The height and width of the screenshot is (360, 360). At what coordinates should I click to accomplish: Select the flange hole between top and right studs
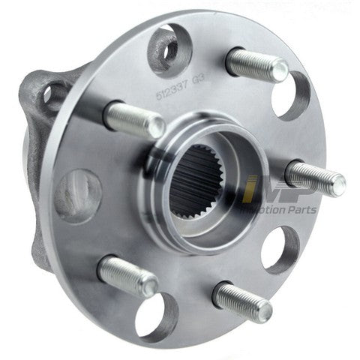pos(290,95)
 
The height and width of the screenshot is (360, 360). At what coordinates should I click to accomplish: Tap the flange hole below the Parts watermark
pos(280,247)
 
